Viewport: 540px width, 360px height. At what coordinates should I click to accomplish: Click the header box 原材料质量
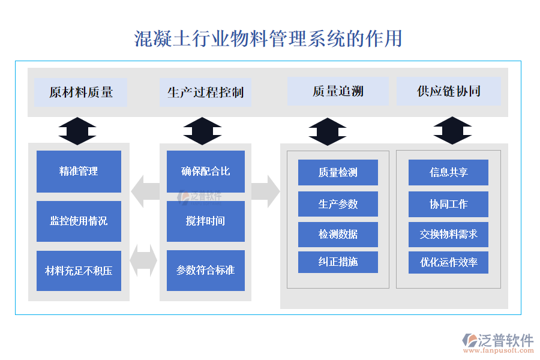(x=80, y=92)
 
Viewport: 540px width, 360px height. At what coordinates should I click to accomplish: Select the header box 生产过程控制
(x=205, y=92)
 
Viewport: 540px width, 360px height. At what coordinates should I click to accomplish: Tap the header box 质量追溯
(x=338, y=91)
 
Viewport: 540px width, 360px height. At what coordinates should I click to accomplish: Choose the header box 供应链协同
(x=449, y=91)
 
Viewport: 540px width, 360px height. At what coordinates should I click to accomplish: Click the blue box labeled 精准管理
(x=79, y=172)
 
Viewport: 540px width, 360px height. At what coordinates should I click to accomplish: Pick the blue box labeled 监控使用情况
(x=79, y=221)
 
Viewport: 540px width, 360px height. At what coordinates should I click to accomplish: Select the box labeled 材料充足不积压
(x=79, y=271)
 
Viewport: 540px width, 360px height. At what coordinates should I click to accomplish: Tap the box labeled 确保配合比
(x=205, y=172)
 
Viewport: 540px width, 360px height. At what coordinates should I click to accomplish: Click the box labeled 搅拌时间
(x=205, y=221)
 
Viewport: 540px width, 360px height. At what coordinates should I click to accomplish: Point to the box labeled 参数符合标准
(x=205, y=271)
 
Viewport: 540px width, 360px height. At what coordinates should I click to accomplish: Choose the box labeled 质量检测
(x=338, y=172)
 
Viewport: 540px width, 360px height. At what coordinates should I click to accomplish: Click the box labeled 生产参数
(x=338, y=204)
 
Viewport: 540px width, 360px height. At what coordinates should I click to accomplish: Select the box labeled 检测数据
(x=338, y=234)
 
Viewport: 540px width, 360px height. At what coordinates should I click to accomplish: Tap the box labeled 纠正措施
(x=338, y=262)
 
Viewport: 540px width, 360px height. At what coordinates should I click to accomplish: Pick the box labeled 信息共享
(x=448, y=172)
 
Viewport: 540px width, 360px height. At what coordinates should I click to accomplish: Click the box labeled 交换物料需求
(x=448, y=234)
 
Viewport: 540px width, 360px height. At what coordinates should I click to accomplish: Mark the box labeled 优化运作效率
(x=448, y=262)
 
